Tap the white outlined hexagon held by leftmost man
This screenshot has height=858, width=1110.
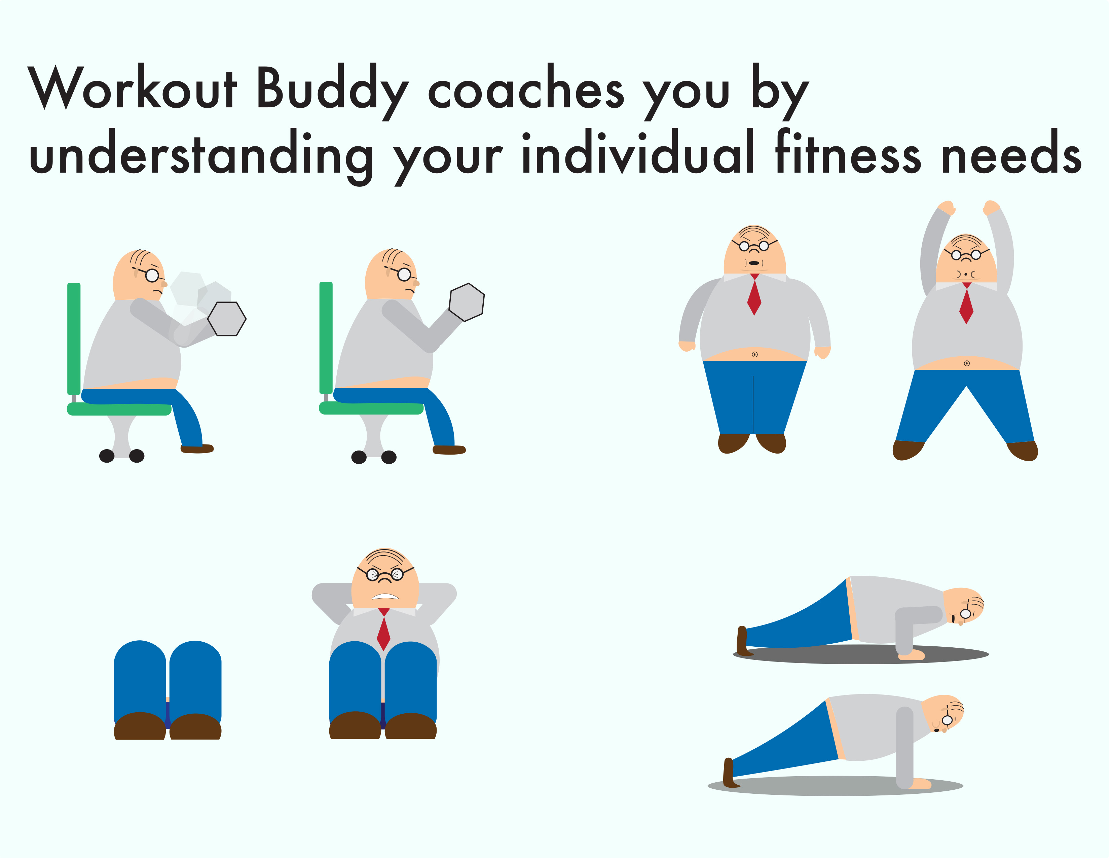[227, 319]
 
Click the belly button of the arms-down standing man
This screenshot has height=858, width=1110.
[755, 354]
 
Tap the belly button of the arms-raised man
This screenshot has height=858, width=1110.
[967, 363]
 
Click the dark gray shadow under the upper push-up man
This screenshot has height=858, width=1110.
[861, 655]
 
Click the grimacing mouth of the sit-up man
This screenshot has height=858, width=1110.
[385, 597]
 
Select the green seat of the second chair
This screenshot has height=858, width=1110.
[371, 408]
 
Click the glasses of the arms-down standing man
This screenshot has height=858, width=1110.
[754, 246]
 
